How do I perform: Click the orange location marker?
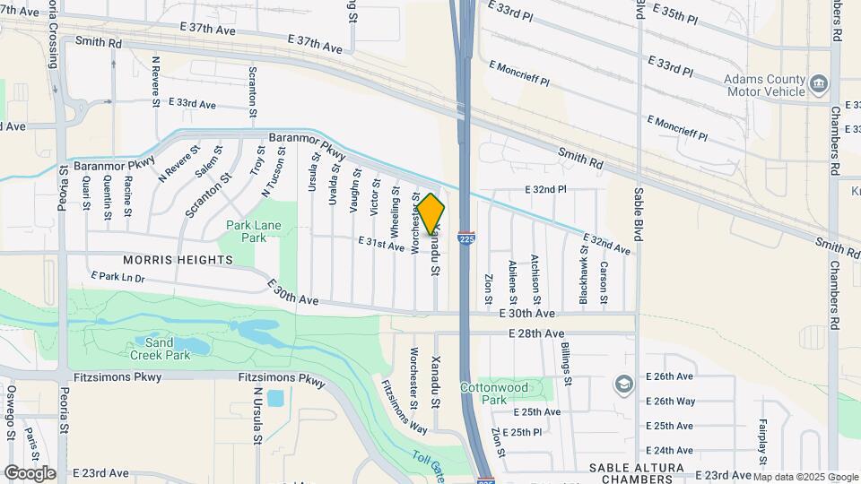[431, 214]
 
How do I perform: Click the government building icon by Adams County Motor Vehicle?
[818, 84]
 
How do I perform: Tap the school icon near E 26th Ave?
[622, 385]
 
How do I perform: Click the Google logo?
[29, 473]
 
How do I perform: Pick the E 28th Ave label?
[534, 333]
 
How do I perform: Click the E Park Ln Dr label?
[117, 278]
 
